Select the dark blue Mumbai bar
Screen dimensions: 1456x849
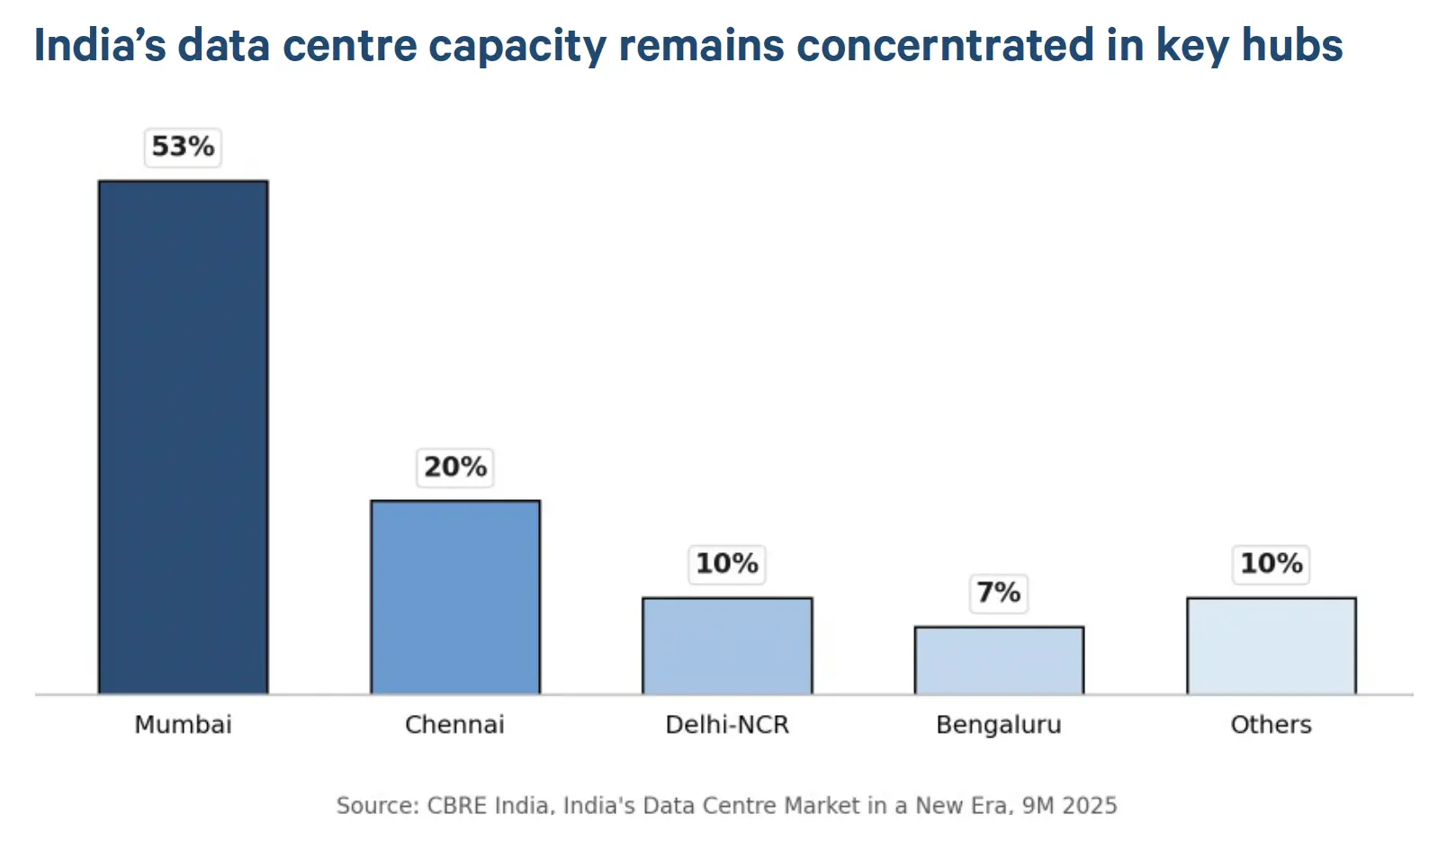(x=184, y=437)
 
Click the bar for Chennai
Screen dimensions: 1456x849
(x=455, y=597)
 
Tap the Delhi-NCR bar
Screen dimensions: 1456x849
(x=727, y=646)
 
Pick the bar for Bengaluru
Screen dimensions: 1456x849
(x=999, y=660)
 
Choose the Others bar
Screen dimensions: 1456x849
(x=1272, y=646)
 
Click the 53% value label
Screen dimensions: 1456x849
(x=183, y=147)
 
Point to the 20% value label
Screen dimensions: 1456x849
(x=455, y=467)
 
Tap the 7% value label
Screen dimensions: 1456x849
(x=999, y=593)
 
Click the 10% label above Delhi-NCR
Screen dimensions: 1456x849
(x=727, y=564)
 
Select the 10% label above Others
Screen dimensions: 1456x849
(x=1272, y=564)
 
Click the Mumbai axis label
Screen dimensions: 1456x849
(x=184, y=724)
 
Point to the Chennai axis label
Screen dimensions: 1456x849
(x=455, y=724)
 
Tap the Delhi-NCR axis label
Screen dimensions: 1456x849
(x=727, y=724)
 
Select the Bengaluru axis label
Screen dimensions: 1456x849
(x=999, y=725)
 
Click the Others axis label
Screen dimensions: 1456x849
(x=1272, y=724)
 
